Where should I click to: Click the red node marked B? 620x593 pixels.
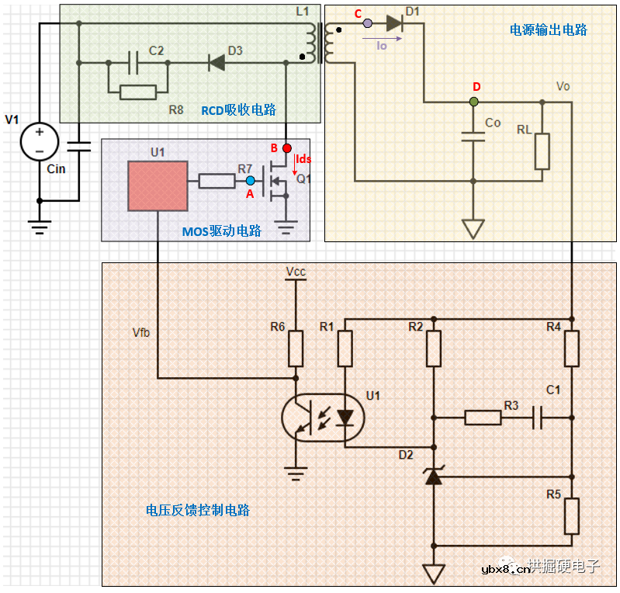click(287, 147)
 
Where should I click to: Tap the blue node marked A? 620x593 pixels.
click(250, 181)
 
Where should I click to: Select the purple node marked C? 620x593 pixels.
click(368, 23)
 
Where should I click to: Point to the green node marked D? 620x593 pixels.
click(474, 101)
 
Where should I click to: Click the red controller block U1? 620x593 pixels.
click(158, 186)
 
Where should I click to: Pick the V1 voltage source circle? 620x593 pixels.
click(39, 141)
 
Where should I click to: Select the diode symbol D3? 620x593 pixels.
click(216, 63)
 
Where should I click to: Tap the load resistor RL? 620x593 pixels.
click(542, 151)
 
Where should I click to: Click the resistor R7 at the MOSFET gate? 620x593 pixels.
click(216, 181)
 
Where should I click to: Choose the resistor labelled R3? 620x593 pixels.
click(483, 418)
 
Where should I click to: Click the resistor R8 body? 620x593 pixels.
click(138, 92)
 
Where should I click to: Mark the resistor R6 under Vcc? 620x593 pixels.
click(296, 349)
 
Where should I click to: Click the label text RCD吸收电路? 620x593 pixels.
click(238, 110)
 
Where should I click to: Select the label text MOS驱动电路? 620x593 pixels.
click(221, 231)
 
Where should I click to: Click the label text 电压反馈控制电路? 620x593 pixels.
click(197, 511)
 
